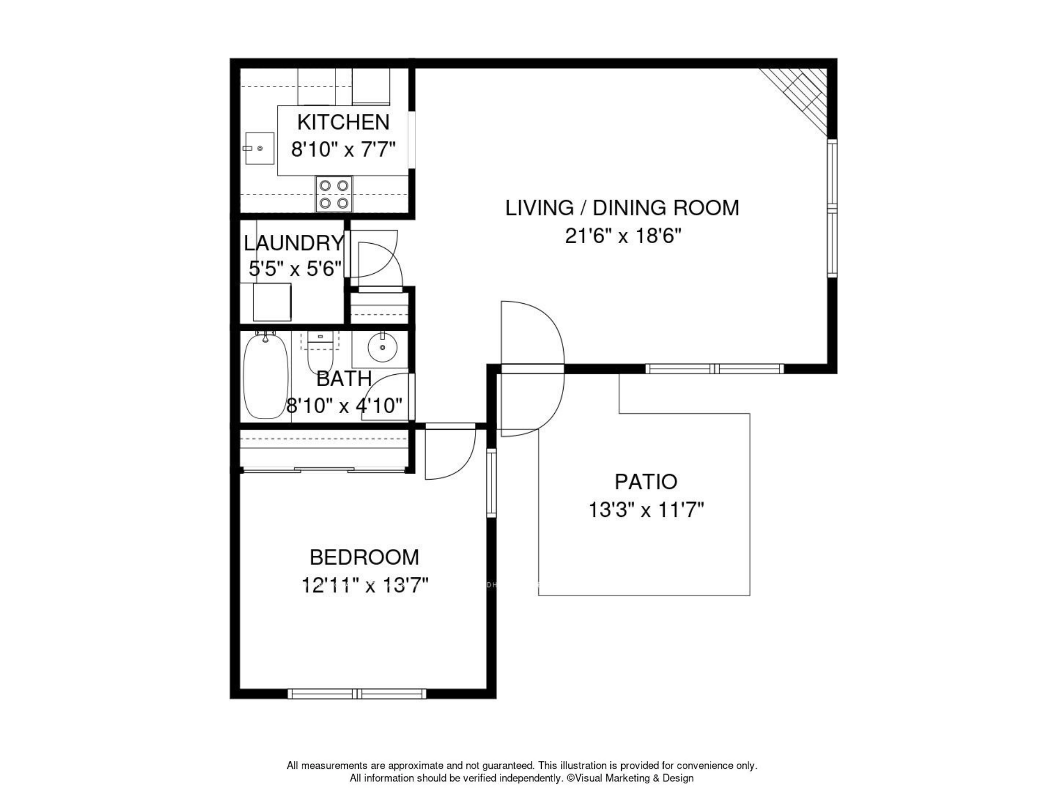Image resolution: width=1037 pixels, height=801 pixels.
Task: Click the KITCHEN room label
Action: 343,122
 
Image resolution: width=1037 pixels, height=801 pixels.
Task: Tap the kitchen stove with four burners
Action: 334,194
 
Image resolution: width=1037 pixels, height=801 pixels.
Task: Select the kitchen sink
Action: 259,148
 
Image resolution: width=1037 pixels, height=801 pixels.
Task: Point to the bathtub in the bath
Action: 265,375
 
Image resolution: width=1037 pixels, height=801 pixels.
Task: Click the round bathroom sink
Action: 383,347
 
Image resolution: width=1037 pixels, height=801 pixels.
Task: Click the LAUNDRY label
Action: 294,243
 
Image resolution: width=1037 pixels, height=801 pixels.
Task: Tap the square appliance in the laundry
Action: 272,302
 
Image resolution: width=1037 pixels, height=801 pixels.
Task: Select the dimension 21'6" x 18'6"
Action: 622,236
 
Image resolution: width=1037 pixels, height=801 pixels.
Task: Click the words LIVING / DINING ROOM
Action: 622,208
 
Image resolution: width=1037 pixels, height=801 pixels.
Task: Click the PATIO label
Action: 646,482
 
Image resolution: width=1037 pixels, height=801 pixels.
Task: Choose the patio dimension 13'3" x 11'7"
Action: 646,510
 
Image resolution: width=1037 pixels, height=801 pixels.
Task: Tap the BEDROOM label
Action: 365,557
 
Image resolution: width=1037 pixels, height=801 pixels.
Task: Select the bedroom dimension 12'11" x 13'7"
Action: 365,586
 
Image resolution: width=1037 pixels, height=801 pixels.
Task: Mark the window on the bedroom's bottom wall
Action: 357,694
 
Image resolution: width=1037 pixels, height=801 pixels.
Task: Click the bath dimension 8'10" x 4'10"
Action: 344,405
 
